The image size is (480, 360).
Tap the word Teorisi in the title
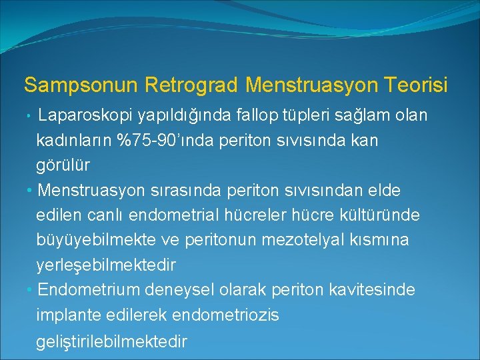click(419, 85)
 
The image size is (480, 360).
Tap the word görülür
click(63, 165)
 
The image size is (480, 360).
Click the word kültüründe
click(381, 215)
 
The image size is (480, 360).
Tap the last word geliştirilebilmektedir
click(111, 341)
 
